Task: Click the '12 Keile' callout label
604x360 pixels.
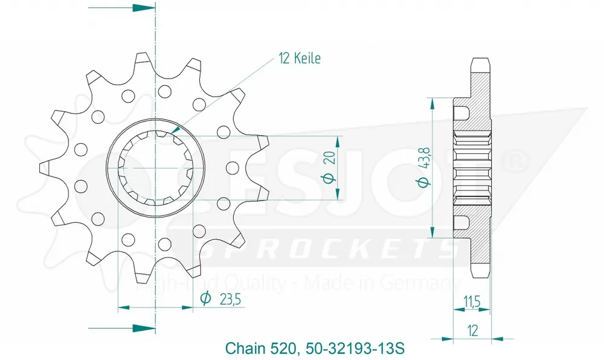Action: pyautogui.click(x=299, y=59)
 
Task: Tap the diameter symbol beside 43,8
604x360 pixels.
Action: pyautogui.click(x=423, y=181)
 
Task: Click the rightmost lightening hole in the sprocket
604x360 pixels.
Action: pyautogui.click(x=232, y=167)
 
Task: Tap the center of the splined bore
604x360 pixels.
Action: pyautogui.click(x=155, y=167)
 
